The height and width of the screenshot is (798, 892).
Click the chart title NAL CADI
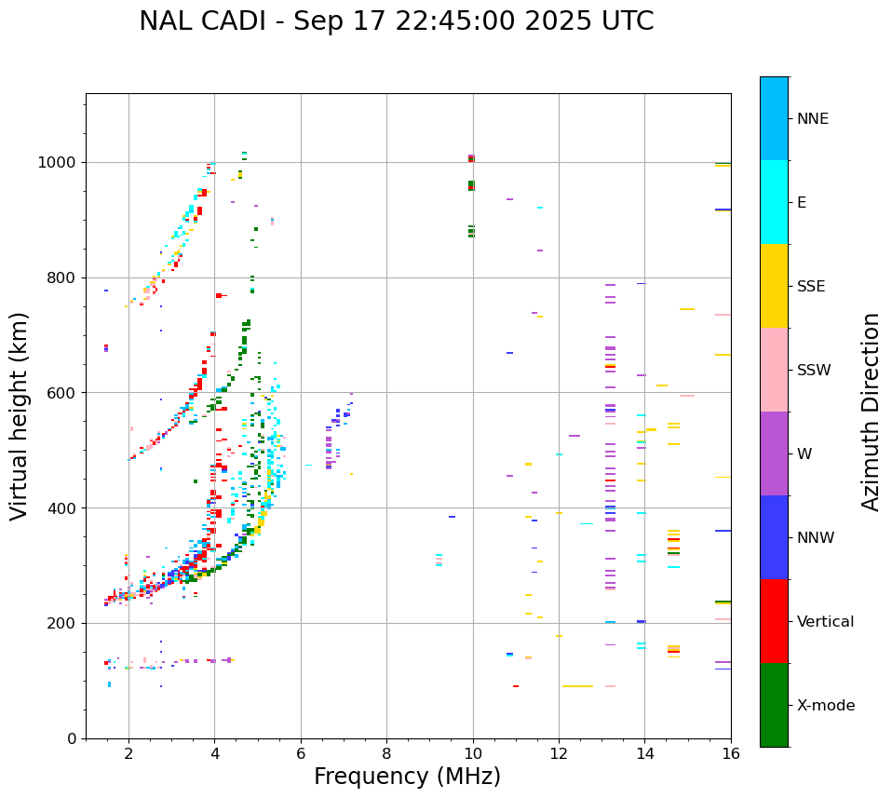point(396,21)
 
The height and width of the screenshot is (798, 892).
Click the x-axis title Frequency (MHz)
point(407,777)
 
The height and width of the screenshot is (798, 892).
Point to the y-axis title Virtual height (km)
point(20,415)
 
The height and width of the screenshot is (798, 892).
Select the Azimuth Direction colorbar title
point(871,411)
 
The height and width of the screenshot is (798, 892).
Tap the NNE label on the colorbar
point(812,119)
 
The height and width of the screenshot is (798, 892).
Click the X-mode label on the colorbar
point(825,706)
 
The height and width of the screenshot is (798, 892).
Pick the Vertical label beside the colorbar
point(825,622)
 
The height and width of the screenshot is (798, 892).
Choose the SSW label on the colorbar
point(814,371)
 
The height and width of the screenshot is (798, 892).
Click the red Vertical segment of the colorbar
point(774,621)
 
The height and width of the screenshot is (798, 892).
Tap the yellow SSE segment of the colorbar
point(774,286)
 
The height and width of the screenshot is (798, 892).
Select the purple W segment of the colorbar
point(774,453)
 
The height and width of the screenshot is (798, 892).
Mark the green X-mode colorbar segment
point(774,705)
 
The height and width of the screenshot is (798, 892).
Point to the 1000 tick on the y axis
point(58,163)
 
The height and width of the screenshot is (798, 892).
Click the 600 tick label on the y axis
point(62,393)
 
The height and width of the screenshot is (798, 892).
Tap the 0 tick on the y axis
point(71,738)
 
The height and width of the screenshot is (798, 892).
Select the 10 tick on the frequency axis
point(472,753)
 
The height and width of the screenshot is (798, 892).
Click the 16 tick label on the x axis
point(730,753)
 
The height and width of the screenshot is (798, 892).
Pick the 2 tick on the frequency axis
point(128,753)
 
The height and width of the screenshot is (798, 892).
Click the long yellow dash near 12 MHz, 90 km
point(577,686)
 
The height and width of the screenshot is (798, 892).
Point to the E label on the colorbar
point(802,203)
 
